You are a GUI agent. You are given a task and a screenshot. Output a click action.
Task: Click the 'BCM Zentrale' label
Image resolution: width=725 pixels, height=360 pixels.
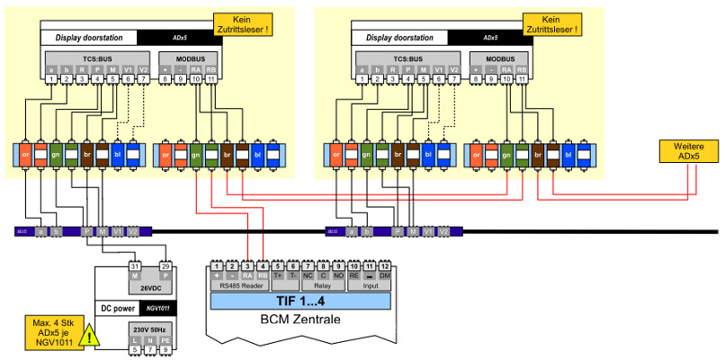pyautogui.click(x=301, y=319)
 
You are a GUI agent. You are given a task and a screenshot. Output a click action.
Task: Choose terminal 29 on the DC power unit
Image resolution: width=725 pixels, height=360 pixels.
pyautogui.click(x=165, y=267)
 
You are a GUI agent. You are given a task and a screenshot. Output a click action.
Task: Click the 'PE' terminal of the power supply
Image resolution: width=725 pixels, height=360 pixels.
pyautogui.click(x=165, y=341)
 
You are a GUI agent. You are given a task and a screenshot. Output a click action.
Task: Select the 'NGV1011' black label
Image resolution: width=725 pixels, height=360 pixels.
pyautogui.click(x=159, y=308)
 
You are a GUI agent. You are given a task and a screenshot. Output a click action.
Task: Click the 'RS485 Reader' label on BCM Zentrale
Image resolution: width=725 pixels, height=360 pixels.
pyautogui.click(x=238, y=285)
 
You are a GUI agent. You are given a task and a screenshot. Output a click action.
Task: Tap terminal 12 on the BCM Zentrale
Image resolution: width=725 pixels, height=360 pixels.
pyautogui.click(x=384, y=266)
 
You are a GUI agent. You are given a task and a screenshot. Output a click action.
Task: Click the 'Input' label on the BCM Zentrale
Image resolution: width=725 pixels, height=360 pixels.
pyautogui.click(x=370, y=285)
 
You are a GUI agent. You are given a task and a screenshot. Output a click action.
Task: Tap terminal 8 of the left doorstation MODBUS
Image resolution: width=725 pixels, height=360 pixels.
pyautogui.click(x=166, y=80)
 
